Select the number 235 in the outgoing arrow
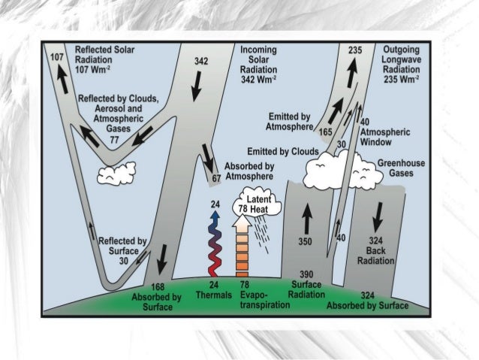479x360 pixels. point(356,50)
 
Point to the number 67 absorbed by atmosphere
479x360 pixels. point(216,178)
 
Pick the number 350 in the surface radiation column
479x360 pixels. point(305,243)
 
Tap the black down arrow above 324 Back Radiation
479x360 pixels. point(378,217)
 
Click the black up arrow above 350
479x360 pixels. point(305,218)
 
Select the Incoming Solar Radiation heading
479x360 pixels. point(259,64)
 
